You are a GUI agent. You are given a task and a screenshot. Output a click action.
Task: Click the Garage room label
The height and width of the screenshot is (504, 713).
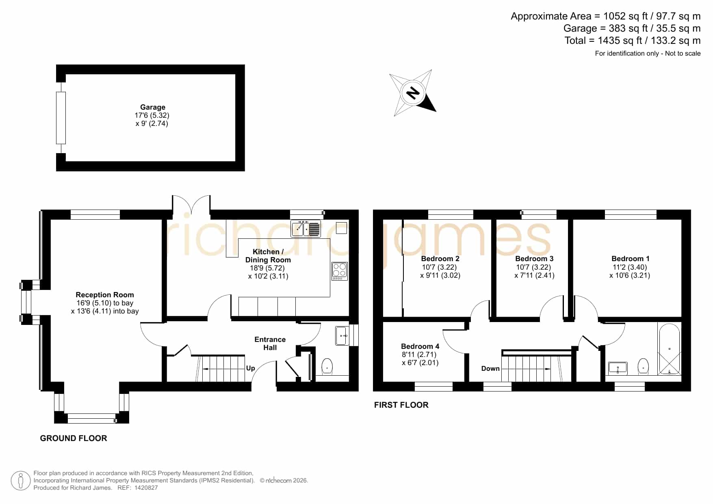pyautogui.click(x=152, y=107)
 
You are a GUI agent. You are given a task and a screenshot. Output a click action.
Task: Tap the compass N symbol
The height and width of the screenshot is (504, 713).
pyautogui.click(x=413, y=93)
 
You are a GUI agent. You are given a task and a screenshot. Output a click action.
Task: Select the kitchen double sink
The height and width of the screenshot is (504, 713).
pyautogui.click(x=306, y=229)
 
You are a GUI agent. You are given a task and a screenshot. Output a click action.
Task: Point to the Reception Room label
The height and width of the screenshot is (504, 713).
pyautogui.click(x=105, y=295)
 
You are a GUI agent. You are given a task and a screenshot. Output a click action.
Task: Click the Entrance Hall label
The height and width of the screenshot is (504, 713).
pyautogui.click(x=270, y=344)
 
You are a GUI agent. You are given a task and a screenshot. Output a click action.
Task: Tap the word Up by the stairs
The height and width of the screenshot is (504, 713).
pyautogui.click(x=251, y=368)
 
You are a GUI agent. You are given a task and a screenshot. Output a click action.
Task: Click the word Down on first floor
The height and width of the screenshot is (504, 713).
pyautogui.click(x=490, y=368)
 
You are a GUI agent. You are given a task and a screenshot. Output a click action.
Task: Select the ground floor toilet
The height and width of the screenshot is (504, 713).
pyautogui.click(x=327, y=366)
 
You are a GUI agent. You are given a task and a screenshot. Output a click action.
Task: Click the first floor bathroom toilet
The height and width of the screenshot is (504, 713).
pyautogui.click(x=643, y=366)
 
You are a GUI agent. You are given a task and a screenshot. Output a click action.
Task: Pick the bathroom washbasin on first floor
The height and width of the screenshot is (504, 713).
pyautogui.click(x=618, y=368)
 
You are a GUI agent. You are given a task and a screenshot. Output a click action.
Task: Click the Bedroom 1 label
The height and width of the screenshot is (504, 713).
pyautogui.click(x=630, y=259)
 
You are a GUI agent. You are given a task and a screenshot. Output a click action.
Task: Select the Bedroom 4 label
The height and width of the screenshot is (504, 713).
pyautogui.click(x=420, y=346)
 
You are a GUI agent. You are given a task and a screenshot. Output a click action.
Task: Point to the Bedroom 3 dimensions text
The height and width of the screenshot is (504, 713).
pyautogui.click(x=534, y=271)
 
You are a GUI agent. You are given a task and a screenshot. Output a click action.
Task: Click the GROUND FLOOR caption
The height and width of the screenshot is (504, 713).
pyautogui.click(x=74, y=438)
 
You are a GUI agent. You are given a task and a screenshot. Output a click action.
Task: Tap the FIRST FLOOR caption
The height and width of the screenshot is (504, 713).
pyautogui.click(x=401, y=405)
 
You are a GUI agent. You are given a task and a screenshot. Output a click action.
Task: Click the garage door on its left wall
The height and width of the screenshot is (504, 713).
pyautogui.click(x=61, y=118)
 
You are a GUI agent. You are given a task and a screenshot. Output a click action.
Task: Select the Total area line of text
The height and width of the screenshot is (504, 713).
pyautogui.click(x=633, y=41)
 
